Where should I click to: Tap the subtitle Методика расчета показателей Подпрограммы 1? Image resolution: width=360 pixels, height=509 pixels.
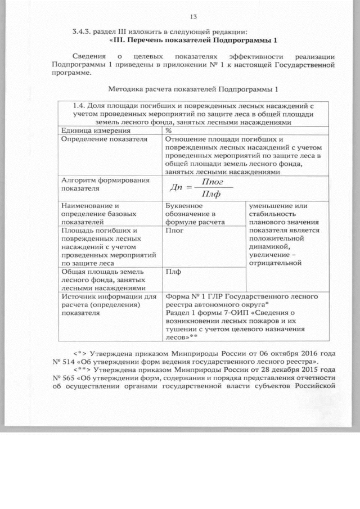(193, 90)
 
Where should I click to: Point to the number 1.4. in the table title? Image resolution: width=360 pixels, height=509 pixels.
(82, 105)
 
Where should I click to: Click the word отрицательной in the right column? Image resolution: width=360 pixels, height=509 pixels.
(275, 262)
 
